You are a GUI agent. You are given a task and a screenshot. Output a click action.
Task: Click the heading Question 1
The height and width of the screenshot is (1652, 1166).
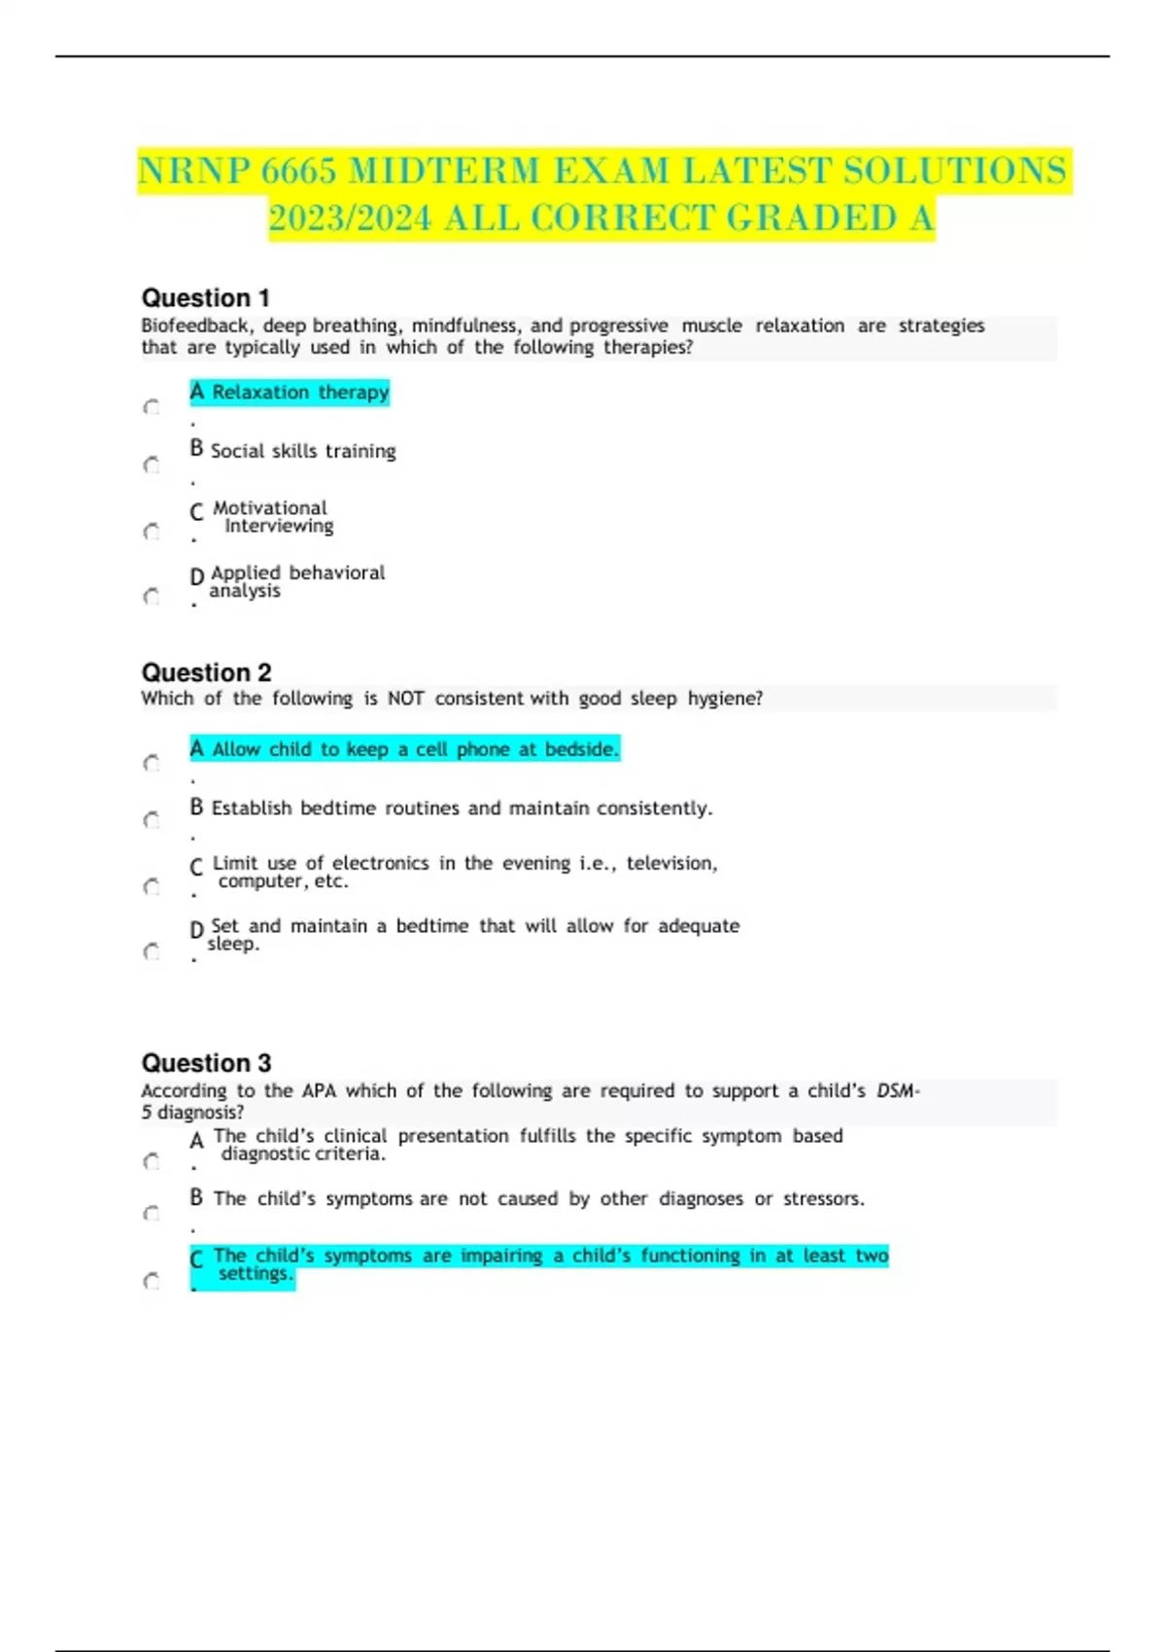[205, 297]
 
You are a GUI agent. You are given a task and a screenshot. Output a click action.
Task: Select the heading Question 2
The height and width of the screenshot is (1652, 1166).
[206, 672]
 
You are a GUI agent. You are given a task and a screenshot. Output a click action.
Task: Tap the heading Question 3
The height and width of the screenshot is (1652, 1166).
[206, 1062]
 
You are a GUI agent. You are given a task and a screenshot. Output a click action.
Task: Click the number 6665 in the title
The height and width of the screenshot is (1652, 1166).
[298, 171]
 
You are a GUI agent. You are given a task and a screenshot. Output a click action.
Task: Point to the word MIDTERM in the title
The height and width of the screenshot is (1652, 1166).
[443, 171]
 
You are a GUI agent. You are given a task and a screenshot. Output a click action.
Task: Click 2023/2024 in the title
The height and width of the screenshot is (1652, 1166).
[350, 219]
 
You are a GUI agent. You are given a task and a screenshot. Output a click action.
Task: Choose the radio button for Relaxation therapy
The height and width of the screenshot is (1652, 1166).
[152, 407]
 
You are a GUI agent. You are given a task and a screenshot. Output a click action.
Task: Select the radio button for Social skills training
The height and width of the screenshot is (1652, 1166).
[152, 465]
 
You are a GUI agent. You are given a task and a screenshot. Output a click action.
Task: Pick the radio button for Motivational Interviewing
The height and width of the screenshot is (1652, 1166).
[152, 532]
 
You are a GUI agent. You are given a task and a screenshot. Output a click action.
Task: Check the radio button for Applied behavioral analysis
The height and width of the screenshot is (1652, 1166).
[152, 597]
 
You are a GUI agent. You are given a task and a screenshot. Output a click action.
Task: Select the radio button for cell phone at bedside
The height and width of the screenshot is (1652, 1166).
[152, 764]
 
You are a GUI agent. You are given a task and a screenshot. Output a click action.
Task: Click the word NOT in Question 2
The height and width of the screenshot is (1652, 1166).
[405, 699]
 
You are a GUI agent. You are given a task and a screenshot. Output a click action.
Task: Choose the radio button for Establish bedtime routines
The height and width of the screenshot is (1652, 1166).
[152, 821]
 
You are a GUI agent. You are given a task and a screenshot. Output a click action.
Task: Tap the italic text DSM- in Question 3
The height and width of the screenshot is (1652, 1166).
[898, 1091]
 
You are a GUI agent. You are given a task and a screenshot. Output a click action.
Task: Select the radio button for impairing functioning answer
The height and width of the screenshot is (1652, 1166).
[152, 1282]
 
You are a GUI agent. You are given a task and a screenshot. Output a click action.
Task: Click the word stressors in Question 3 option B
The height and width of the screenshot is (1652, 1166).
[823, 1199]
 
